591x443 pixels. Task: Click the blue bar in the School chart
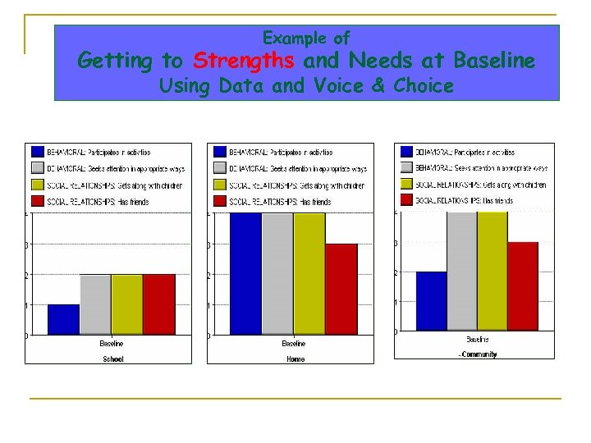[64, 320]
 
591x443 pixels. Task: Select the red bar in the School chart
[158, 304]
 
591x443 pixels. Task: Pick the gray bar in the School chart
[95, 304]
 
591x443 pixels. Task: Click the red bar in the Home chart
[341, 289]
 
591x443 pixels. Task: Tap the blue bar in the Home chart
[245, 273]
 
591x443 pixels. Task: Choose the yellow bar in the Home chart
[309, 273]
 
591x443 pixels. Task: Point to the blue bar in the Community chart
[432, 301]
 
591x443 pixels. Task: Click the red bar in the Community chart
[522, 286]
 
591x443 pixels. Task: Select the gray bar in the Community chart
[462, 271]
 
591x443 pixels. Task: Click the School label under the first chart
[112, 359]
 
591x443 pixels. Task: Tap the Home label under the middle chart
[295, 359]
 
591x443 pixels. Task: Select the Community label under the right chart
[479, 354]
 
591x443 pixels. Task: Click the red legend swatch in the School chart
[39, 201]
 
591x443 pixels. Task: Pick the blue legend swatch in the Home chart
[220, 152]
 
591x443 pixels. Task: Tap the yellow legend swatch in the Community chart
[407, 184]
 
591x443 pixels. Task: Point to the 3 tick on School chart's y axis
[27, 244]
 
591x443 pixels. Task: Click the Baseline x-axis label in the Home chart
[294, 344]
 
